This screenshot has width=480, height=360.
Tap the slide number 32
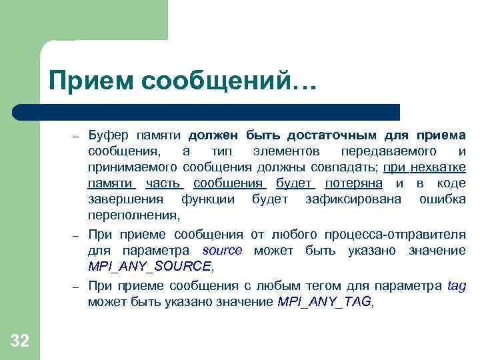tap(20, 341)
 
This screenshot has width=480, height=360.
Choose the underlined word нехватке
tap(438, 167)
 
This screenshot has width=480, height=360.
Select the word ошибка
tap(443, 199)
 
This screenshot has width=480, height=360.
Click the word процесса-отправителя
tap(395, 234)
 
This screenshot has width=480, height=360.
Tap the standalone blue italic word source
tap(222, 251)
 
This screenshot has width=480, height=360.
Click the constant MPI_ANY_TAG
tap(324, 302)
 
